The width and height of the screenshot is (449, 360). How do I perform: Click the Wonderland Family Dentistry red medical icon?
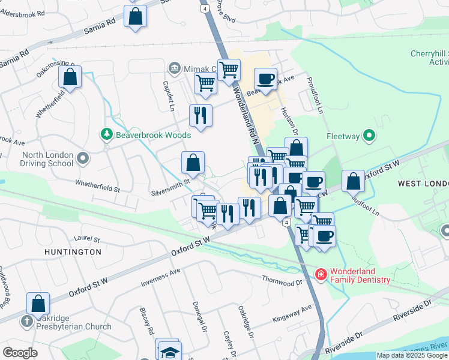[321, 274]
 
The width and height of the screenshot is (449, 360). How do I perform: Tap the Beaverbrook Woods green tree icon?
[107, 134]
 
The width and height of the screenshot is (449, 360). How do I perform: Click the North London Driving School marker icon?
[83, 158]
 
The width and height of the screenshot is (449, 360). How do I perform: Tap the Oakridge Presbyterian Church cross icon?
[26, 321]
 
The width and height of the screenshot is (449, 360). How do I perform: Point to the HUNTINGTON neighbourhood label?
[73, 252]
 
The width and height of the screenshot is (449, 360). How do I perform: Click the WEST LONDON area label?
[423, 183]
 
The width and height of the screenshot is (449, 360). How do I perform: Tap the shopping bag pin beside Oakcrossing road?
[70, 77]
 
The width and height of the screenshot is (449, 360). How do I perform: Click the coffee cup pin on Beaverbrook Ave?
[265, 79]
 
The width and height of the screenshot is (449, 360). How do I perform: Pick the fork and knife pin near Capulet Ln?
[200, 115]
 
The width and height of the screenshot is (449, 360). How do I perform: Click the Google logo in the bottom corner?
[20, 353]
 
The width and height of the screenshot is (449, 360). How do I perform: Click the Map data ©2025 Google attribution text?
[412, 355]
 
